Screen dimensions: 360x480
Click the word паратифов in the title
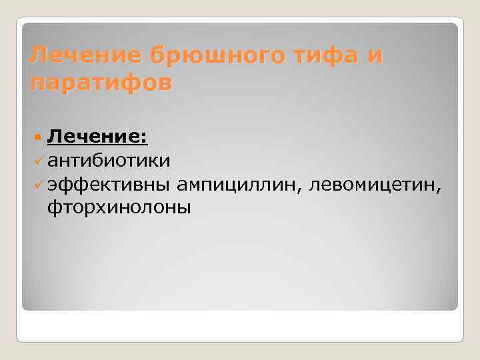click(x=101, y=83)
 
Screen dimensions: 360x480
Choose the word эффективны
click(x=109, y=184)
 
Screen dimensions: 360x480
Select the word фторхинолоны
click(x=119, y=207)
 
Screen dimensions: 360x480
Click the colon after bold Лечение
click(x=145, y=138)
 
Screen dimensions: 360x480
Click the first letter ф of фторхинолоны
click(x=54, y=207)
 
